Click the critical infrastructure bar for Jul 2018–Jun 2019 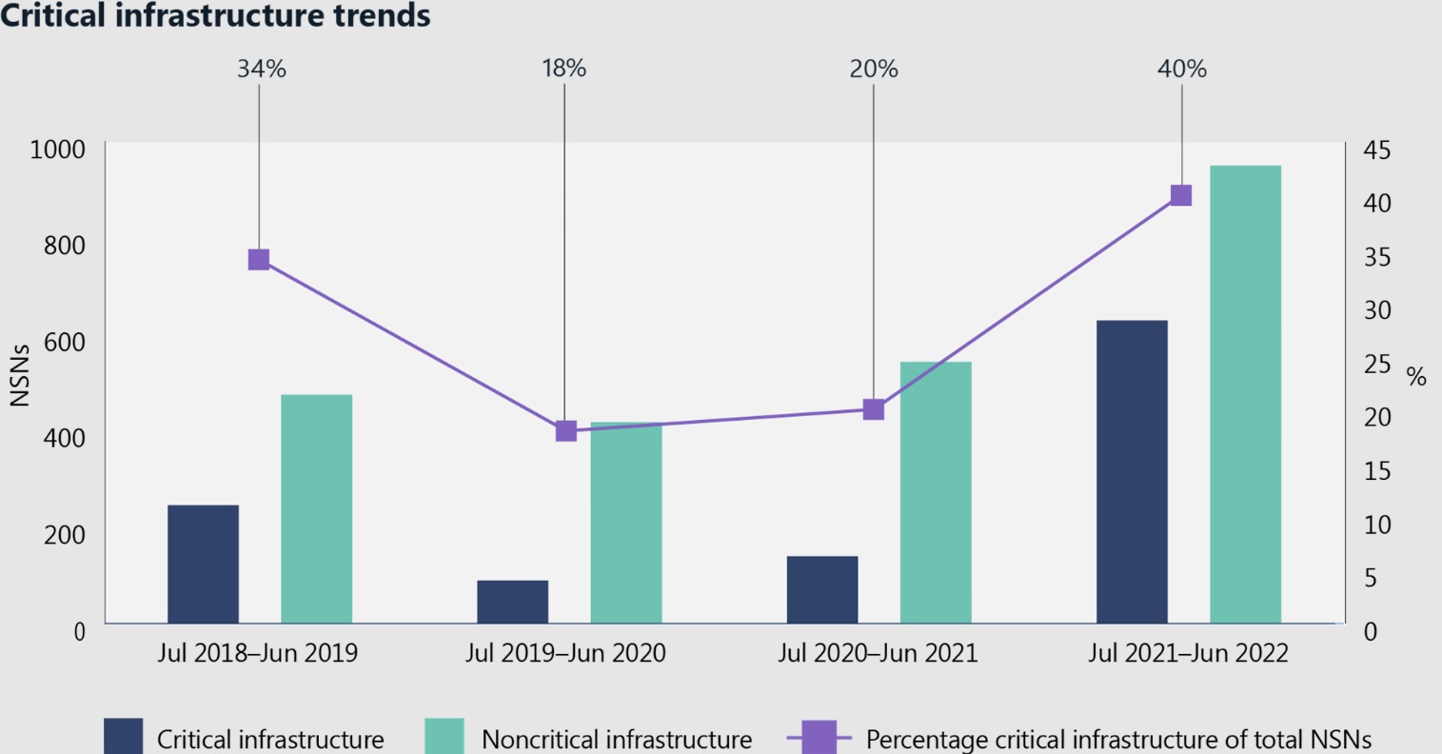pyautogui.click(x=203, y=564)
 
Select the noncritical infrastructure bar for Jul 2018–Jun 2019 pyautogui.click(x=317, y=508)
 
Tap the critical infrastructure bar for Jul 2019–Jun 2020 pyautogui.click(x=512, y=602)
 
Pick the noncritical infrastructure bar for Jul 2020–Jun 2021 pyautogui.click(x=936, y=492)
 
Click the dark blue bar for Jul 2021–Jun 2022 pyautogui.click(x=1132, y=471)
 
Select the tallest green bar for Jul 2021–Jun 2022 pyautogui.click(x=1245, y=394)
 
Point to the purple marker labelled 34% pyautogui.click(x=259, y=260)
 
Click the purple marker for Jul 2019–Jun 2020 pyautogui.click(x=565, y=431)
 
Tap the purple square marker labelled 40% pyautogui.click(x=1181, y=195)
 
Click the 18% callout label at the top pyautogui.click(x=563, y=69)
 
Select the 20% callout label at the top pyautogui.click(x=873, y=69)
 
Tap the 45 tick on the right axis pyautogui.click(x=1376, y=150)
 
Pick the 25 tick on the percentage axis pyautogui.click(x=1376, y=364)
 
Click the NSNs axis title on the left pyautogui.click(x=20, y=374)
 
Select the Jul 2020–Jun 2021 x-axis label pyautogui.click(x=877, y=654)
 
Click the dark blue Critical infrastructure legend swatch pyautogui.click(x=123, y=737)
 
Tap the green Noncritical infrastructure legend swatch pyautogui.click(x=444, y=737)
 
